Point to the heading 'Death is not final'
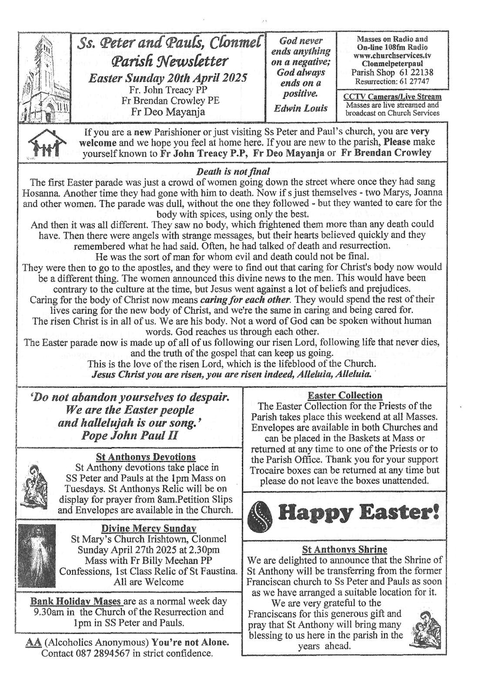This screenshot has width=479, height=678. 233,172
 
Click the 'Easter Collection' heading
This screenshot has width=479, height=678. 345,396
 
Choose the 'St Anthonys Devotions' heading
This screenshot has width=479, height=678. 146,457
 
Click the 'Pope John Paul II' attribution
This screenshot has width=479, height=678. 129,436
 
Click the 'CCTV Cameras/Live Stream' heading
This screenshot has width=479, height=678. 392,97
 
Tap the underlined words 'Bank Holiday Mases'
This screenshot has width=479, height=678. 76,601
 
